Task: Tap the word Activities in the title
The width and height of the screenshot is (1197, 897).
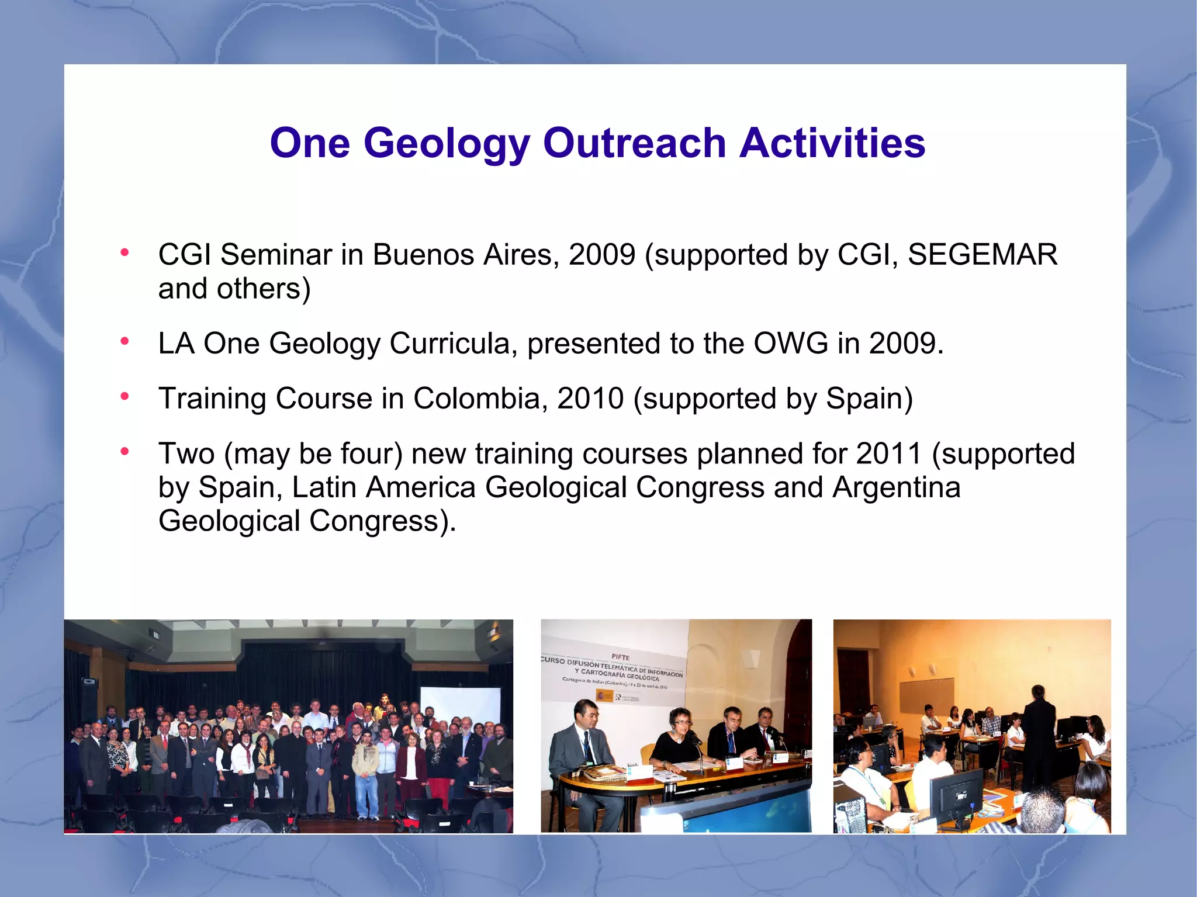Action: [x=832, y=144]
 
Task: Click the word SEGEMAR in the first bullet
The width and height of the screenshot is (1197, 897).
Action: [x=982, y=255]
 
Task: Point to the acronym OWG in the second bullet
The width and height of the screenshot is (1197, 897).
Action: [x=790, y=344]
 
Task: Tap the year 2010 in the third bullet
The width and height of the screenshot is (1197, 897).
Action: [x=590, y=399]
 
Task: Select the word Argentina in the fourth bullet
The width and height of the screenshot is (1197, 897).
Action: [x=896, y=487]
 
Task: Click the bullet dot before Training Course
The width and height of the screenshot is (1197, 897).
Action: [x=124, y=397]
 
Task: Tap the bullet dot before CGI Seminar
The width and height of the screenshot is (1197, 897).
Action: [x=124, y=253]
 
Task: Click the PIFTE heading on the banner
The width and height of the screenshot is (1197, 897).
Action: [x=620, y=657]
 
